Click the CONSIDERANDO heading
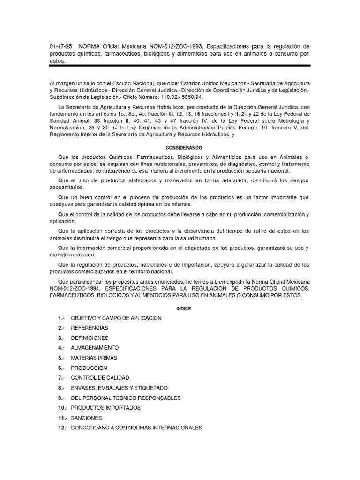180,147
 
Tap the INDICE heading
180,308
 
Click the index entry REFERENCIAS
89,328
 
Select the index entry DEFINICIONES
90,338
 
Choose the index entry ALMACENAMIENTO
95,348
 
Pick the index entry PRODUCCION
89,368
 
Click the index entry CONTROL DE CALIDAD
100,378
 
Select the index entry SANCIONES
86,418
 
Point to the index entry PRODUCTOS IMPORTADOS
105,408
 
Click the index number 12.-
63,427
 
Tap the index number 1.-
61,318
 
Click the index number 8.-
61,388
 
